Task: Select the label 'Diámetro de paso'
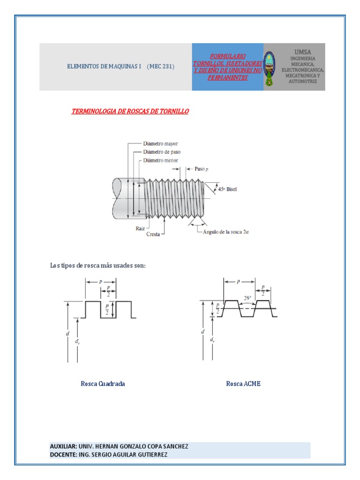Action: tap(162, 152)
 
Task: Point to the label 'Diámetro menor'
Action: tap(160, 160)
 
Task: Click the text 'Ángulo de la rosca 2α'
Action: tap(225, 232)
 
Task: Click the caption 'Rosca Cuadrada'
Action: tap(103, 384)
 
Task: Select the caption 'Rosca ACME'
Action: tap(243, 384)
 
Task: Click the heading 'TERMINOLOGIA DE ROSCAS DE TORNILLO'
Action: tap(130, 112)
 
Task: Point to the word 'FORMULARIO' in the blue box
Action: tap(227, 56)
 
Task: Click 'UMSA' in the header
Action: tap(302, 52)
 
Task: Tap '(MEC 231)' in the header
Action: tap(160, 67)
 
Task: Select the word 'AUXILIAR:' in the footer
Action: tap(63, 447)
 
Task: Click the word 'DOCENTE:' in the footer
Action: tap(62, 455)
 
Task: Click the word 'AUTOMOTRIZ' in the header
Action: tap(302, 82)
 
